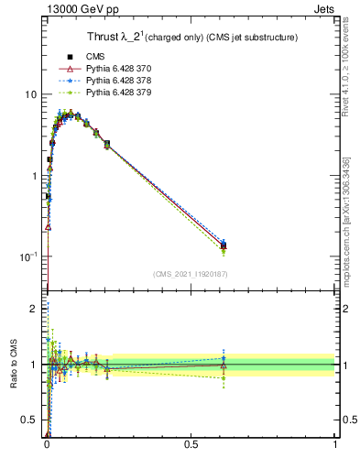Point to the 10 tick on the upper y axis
(31, 95)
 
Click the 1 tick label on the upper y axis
(34, 176)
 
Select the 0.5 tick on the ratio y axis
(30, 420)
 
